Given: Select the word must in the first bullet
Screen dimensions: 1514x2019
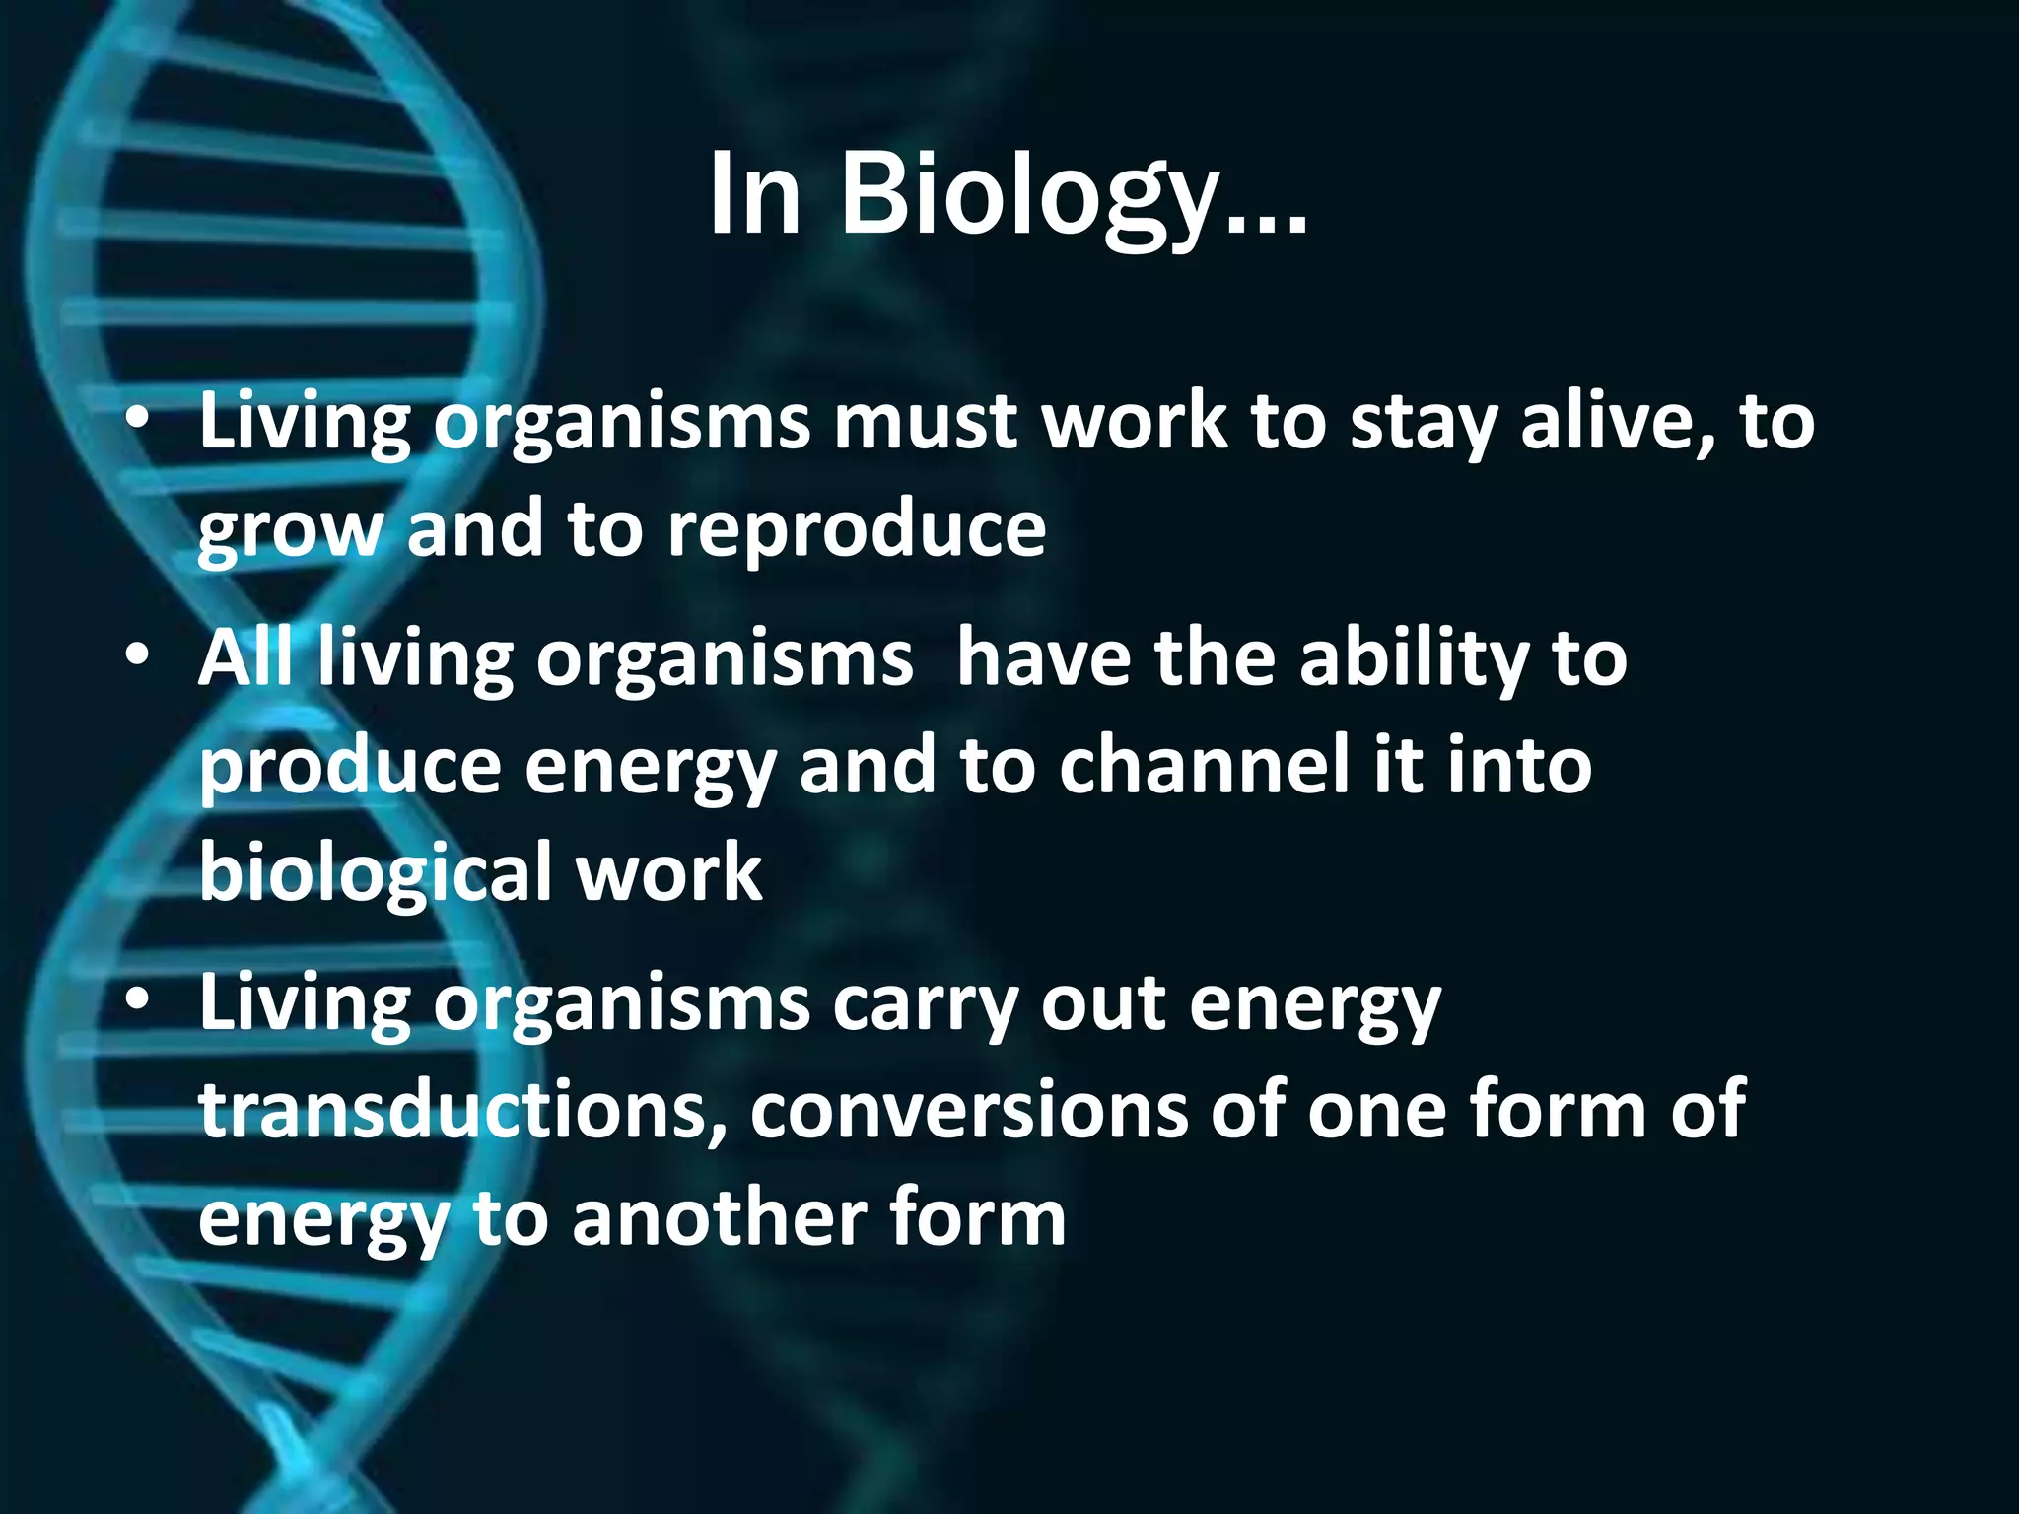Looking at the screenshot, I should pyautogui.click(x=925, y=422).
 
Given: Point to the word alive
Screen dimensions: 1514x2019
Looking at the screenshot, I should pyautogui.click(x=1618, y=422).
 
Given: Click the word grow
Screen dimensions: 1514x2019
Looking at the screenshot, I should pyautogui.click(x=289, y=530).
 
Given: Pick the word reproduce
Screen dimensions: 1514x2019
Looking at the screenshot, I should pyautogui.click(x=856, y=528).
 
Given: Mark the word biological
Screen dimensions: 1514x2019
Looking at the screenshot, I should pyautogui.click(x=376, y=873).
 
